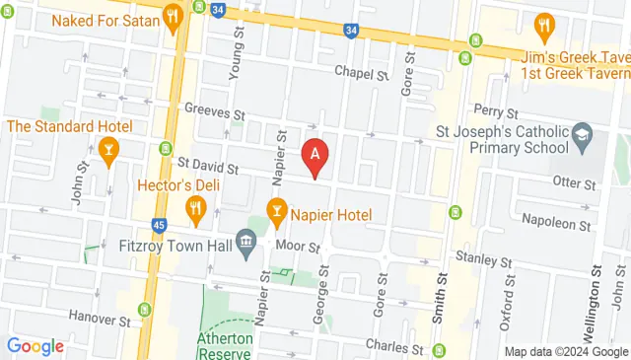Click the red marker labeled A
pyautogui.click(x=315, y=155)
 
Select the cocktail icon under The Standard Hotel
pyautogui.click(x=109, y=150)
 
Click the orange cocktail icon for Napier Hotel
pyautogui.click(x=278, y=209)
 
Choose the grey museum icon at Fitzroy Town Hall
pyautogui.click(x=246, y=241)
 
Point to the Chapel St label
pyautogui.click(x=361, y=73)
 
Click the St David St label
pyautogui.click(x=208, y=169)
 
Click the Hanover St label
pyautogui.click(x=100, y=320)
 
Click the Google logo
pyautogui.click(x=35, y=346)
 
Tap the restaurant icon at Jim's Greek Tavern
pyautogui.click(x=543, y=24)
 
